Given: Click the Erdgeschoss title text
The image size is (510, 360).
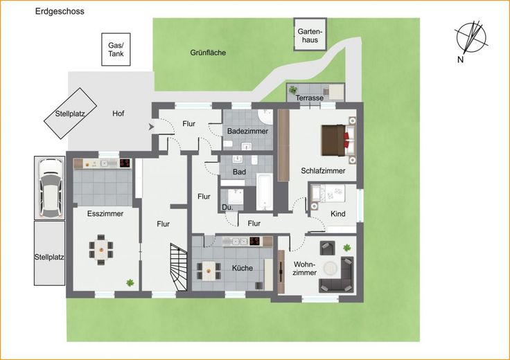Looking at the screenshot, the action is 60,11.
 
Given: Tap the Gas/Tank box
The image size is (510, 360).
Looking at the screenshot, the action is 116,49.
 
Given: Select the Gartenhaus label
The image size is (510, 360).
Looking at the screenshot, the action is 310,36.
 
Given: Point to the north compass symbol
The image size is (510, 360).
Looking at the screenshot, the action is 471,38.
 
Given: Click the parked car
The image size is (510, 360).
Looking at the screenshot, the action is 51,188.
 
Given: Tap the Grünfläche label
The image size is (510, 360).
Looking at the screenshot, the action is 208,53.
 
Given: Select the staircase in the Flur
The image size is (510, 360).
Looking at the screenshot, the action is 179,267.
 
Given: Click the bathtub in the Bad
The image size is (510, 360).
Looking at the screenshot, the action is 265,192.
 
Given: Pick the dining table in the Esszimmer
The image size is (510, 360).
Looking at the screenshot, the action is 101,249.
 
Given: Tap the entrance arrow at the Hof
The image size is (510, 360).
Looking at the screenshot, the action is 151,127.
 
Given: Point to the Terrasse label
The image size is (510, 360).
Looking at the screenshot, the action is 310,98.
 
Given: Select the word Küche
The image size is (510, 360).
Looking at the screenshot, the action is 243,268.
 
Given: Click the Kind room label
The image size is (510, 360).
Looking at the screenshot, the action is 338,214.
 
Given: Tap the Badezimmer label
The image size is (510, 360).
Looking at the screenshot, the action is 247,132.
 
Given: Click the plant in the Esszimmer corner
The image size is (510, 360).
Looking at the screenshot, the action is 130,282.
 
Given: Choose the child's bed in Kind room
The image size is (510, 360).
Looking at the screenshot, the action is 328,193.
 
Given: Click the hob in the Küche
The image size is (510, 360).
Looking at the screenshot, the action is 256,241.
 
